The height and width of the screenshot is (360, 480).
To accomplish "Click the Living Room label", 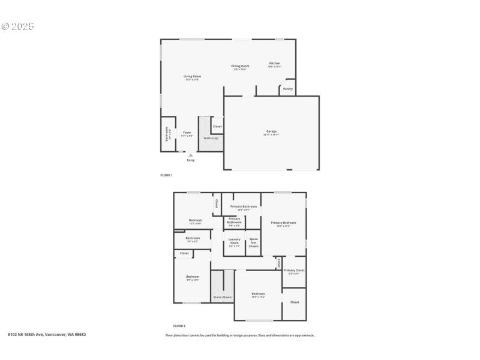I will (192, 77).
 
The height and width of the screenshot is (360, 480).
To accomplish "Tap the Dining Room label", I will (240, 66).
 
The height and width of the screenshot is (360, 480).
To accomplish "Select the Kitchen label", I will (274, 64).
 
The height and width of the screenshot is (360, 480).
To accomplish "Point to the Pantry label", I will (288, 89).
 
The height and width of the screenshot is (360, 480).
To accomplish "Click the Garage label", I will (271, 131).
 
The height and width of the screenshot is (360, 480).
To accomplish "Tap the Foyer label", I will (187, 132).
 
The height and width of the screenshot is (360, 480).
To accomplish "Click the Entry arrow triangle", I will (191, 155).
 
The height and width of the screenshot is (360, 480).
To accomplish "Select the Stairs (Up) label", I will (211, 138).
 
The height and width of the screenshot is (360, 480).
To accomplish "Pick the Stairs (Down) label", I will (223, 297).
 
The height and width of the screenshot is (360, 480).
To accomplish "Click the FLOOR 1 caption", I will (166, 175).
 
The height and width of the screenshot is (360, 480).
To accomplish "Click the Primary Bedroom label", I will (283, 223).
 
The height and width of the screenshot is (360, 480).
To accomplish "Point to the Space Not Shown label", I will (253, 242).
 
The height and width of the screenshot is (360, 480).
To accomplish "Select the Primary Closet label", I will (294, 271).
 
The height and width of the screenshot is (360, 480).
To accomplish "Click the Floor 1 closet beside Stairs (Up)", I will (217, 126).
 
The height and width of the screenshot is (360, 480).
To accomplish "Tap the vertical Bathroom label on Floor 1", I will (167, 134).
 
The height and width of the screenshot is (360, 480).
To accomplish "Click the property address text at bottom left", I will (47, 334).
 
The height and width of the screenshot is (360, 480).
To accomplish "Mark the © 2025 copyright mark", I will (18, 26).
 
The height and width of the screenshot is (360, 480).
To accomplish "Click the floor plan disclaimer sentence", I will (240, 335).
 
